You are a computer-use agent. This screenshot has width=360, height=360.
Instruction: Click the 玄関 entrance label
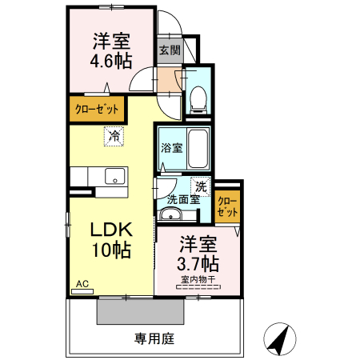click(x=169, y=50)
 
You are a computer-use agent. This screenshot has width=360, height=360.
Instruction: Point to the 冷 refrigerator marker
click(x=114, y=137)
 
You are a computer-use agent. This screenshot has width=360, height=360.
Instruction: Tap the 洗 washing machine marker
click(x=202, y=186)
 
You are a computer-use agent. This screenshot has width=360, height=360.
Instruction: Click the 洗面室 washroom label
click(x=184, y=200)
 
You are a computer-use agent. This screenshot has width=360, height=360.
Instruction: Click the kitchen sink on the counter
click(x=114, y=177)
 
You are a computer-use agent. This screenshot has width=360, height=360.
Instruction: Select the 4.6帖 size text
click(x=112, y=61)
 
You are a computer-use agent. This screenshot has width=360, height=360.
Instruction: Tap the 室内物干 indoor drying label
click(x=196, y=280)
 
